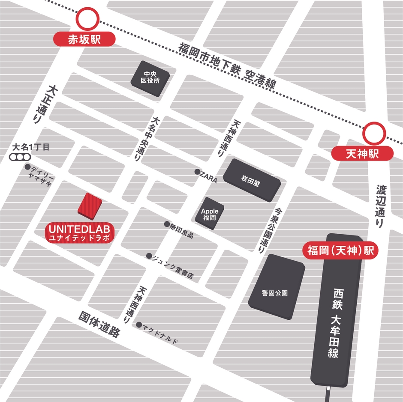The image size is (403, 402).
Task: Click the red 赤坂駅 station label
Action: (x=84, y=40)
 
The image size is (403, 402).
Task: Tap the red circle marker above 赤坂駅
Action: (x=88, y=20)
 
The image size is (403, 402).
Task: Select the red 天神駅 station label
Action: (x=362, y=153)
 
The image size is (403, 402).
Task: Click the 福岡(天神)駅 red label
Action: (x=341, y=251)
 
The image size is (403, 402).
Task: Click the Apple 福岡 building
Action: (x=210, y=214)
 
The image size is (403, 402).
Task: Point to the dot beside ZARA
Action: (x=197, y=172)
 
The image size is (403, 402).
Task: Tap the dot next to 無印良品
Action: (x=167, y=224)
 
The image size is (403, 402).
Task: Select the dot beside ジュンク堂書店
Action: (x=149, y=256)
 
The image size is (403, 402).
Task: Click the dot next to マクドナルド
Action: (x=139, y=325)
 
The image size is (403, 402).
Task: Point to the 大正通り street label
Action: (x=44, y=104)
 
